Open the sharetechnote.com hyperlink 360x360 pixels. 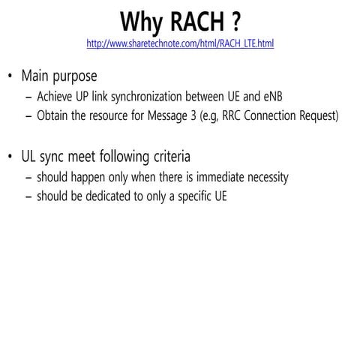click(x=180, y=43)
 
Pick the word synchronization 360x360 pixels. click(x=149, y=97)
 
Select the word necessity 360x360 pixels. click(x=262, y=178)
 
